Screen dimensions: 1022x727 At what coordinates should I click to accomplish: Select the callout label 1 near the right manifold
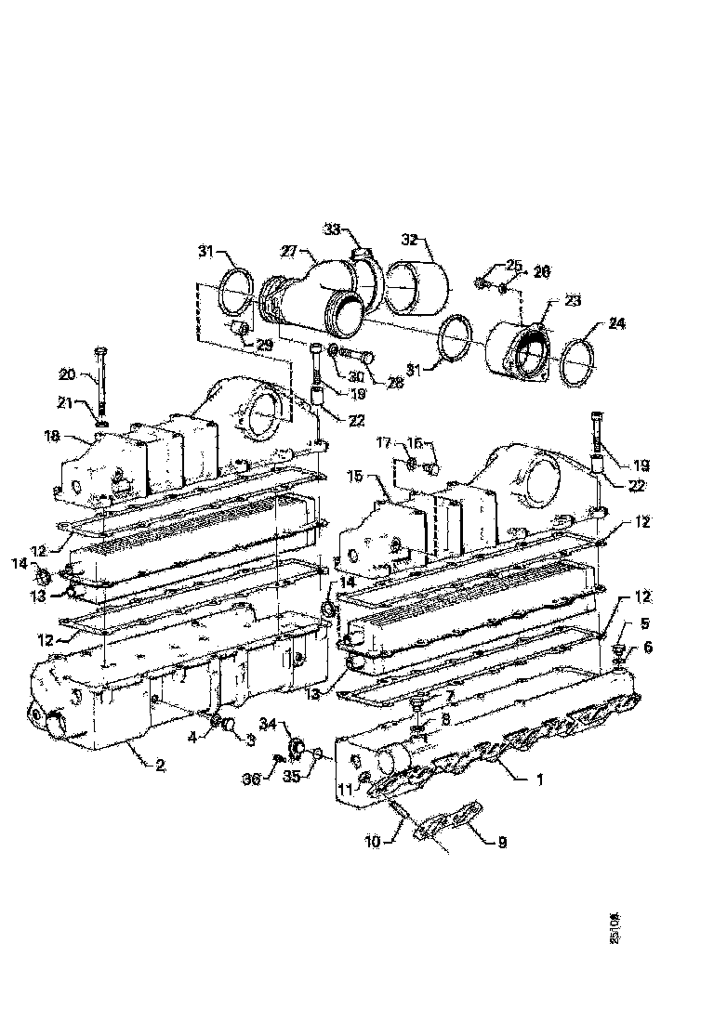(x=536, y=780)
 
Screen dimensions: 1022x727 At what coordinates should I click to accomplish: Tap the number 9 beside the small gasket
(x=501, y=843)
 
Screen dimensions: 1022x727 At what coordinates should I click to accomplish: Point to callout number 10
(x=372, y=843)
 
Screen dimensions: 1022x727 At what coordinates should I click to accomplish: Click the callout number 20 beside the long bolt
(x=67, y=374)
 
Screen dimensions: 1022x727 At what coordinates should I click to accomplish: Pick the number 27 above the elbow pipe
(x=289, y=252)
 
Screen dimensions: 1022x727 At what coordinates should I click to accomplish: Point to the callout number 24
(x=617, y=324)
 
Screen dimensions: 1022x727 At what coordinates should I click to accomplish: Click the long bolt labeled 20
(x=99, y=381)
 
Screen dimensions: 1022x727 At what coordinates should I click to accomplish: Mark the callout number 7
(x=449, y=695)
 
